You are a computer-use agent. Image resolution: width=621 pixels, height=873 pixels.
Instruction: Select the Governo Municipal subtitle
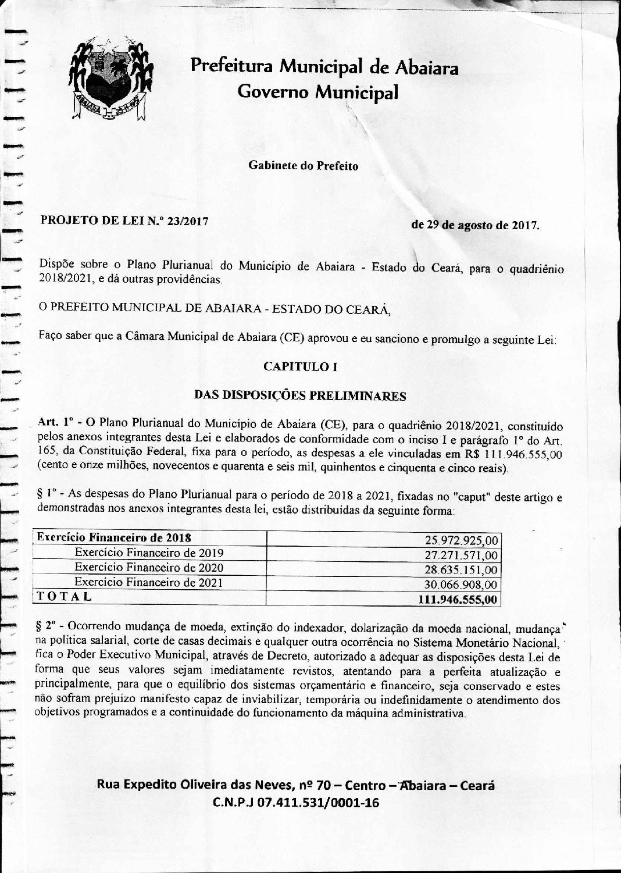[318, 92]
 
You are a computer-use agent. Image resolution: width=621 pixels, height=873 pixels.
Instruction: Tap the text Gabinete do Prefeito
[303, 166]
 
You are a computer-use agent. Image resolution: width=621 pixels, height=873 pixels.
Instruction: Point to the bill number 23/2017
[187, 221]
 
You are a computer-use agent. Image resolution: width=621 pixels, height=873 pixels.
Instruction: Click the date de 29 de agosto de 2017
[474, 225]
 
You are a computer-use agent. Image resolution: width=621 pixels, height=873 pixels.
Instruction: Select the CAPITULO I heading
[301, 366]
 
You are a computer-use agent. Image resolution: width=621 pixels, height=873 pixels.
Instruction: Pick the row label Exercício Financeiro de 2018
[114, 537]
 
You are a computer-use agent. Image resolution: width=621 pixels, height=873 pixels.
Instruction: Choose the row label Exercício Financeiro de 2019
[149, 553]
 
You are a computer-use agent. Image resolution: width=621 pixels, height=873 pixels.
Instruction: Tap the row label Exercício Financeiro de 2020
[149, 567]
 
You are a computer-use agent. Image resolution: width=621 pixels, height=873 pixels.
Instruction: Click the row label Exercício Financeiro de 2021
[149, 582]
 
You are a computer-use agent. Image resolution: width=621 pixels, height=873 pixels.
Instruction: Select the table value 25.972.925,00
[462, 540]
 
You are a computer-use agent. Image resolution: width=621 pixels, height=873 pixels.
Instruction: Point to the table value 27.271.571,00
[462, 555]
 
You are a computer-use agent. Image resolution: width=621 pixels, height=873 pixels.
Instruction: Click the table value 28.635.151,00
[462, 570]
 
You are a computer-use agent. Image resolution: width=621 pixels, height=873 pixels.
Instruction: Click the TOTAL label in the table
[64, 596]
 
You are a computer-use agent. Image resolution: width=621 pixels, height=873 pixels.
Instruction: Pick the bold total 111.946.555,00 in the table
[458, 600]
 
